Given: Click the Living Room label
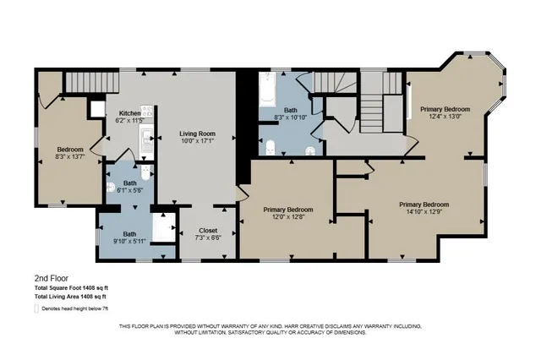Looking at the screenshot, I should click(196, 137).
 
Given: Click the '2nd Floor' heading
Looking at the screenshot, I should click(52, 278).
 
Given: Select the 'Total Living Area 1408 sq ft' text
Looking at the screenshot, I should click(69, 297).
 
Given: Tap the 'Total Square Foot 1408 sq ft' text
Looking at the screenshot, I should click(69, 288).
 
